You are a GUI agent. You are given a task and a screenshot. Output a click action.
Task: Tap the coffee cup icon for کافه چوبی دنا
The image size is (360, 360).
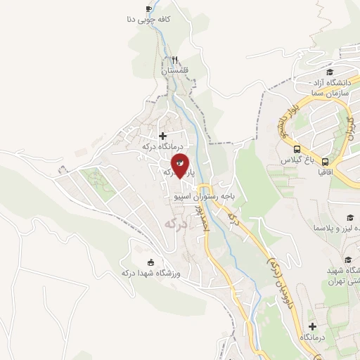pos(148,8)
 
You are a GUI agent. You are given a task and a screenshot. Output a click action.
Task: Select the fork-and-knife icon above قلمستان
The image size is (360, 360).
pos(174,60)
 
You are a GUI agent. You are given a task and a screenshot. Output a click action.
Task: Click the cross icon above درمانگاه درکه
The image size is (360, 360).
pos(163,135)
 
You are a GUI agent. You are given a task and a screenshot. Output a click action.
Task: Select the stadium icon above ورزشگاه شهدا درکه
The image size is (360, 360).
pos(149,262)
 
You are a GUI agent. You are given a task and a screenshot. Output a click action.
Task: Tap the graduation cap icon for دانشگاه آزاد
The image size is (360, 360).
pos(329,72)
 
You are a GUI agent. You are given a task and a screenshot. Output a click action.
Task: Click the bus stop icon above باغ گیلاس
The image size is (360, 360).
pos(297,149)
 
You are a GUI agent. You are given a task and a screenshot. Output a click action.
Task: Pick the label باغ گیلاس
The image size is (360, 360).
pos(297,160)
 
